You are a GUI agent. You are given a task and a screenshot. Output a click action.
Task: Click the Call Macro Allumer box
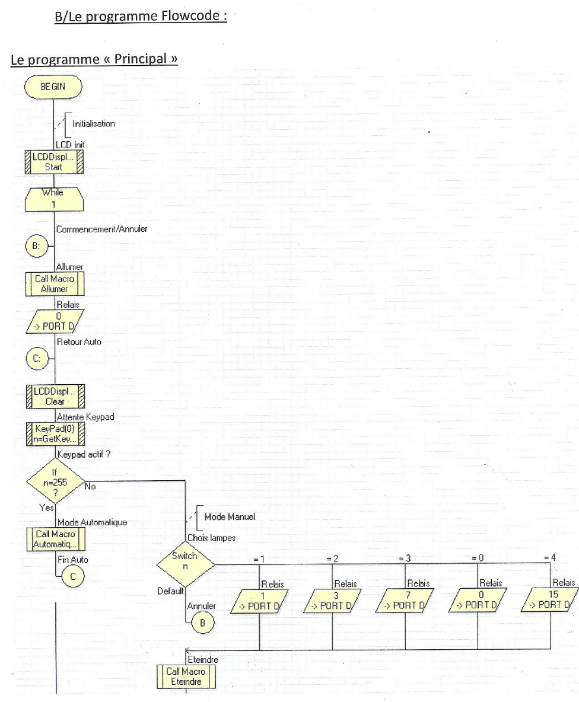(x=54, y=283)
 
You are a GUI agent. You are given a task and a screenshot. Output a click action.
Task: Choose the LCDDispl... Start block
(x=54, y=162)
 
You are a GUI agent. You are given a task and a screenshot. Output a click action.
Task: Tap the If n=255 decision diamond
(x=54, y=485)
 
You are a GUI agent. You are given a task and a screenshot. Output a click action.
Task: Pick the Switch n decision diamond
(x=185, y=561)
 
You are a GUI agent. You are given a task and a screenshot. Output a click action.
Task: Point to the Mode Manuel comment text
(x=230, y=516)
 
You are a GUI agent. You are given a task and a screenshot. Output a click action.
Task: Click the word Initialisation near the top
(x=94, y=124)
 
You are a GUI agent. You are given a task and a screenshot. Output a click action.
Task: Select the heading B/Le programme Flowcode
(x=141, y=18)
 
